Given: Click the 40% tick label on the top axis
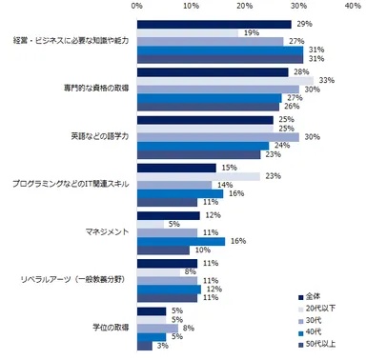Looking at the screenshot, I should [x=354, y=6].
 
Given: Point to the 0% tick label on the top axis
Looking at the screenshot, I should [x=137, y=6].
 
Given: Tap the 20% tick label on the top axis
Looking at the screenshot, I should [x=245, y=6].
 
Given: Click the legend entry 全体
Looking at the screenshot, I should [x=316, y=295].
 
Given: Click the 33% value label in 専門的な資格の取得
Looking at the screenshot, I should [x=325, y=79].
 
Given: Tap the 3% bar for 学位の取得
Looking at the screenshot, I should [x=146, y=347].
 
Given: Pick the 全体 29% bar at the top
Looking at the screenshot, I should [x=214, y=24].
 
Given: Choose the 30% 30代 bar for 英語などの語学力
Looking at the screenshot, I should [x=217, y=136].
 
